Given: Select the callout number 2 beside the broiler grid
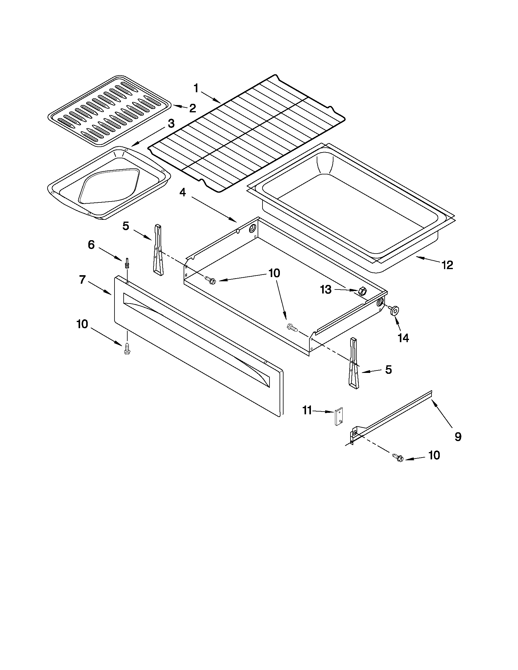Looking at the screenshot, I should pos(192,108).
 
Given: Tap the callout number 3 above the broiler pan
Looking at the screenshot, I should pos(171,124).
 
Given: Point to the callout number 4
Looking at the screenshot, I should pos(183,193).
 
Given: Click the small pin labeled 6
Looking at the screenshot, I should pos(127,263).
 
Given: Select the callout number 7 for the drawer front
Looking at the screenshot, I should pos(82,279).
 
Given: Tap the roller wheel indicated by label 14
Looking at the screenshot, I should pos(393,311).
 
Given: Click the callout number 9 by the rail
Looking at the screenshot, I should pos(458,437).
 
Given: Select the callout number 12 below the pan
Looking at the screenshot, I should pos(447,265).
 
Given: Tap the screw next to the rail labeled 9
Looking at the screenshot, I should pos(397,458).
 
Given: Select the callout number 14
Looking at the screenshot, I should pos(403,338).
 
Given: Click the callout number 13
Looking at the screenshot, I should pos(326,289).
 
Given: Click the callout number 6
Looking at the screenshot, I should pos(91,245).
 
